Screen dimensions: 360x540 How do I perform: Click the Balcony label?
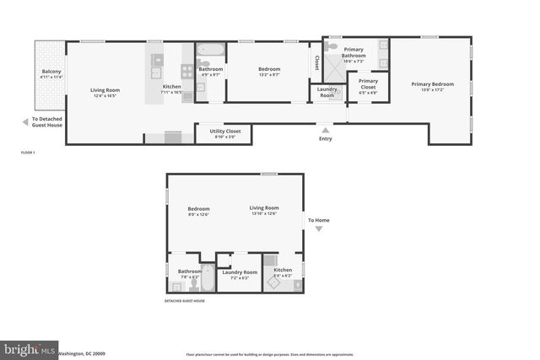pyautogui.click(x=51, y=72)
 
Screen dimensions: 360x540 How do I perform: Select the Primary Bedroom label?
pyautogui.click(x=432, y=83)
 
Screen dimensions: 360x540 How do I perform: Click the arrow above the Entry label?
pyautogui.click(x=325, y=129)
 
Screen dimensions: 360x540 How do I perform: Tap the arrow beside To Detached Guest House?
pyautogui.click(x=24, y=121)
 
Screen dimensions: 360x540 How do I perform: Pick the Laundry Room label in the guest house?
pyautogui.click(x=239, y=271)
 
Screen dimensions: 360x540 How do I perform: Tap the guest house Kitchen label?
pyautogui.click(x=282, y=270)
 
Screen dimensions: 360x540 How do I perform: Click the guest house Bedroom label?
pyautogui.click(x=198, y=208)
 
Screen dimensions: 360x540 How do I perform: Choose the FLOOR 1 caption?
pyautogui.click(x=30, y=153)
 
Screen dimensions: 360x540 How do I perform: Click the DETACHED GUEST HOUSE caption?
pyautogui.click(x=184, y=301)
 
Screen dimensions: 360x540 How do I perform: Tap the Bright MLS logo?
pyautogui.click(x=30, y=347)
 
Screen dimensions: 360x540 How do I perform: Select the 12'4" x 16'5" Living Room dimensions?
pyautogui.click(x=105, y=95)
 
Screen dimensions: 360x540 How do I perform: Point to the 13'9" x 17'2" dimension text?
pyautogui.click(x=432, y=90)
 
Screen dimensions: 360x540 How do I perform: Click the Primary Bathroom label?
pyautogui.click(x=354, y=52)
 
